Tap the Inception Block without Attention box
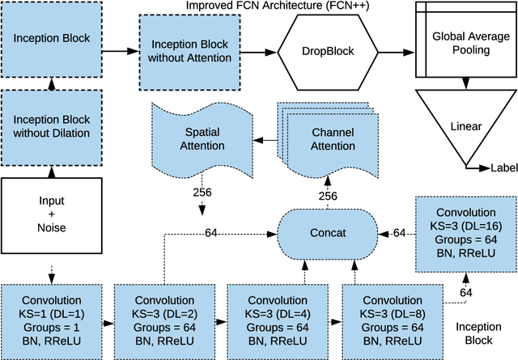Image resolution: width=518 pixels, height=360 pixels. (x=184, y=51)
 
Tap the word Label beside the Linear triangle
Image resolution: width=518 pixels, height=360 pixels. (x=503, y=167)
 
